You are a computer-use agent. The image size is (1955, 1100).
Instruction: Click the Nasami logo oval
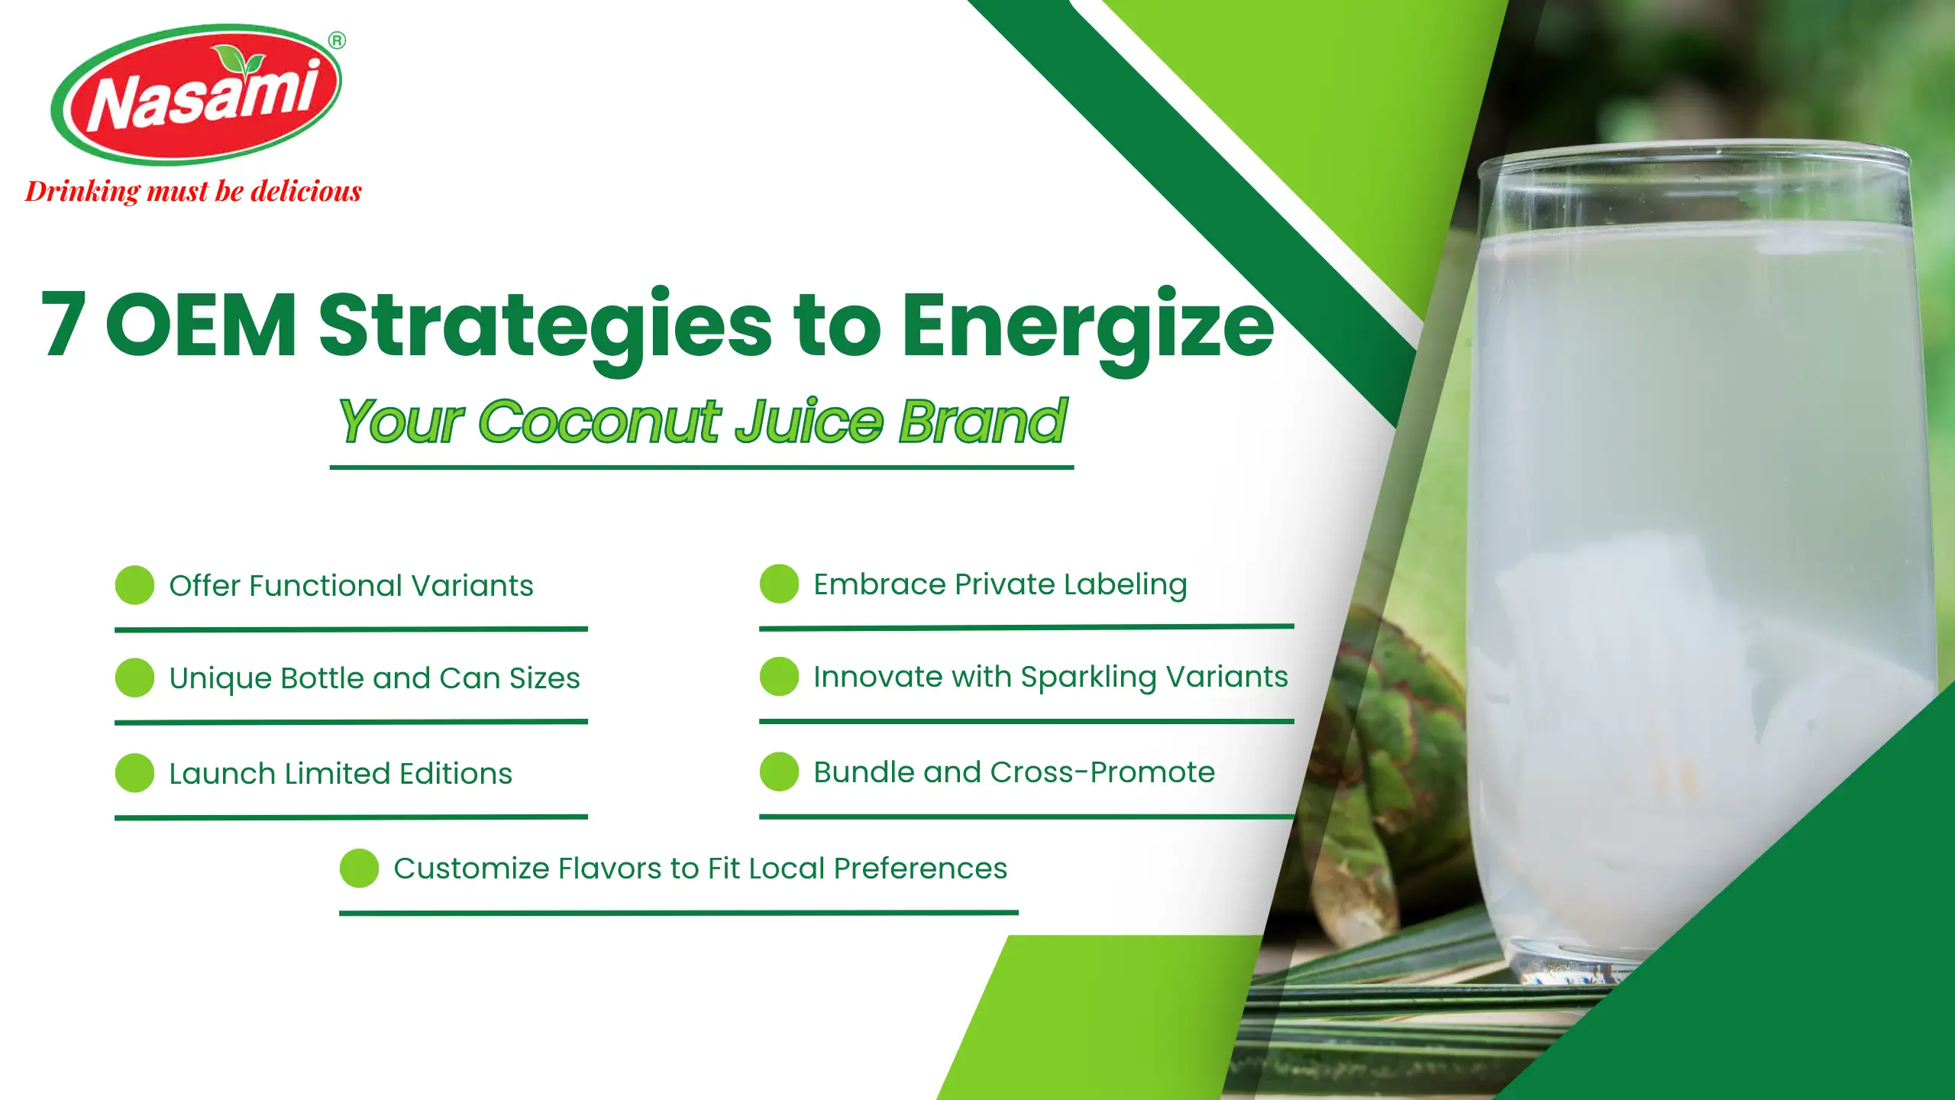click(196, 95)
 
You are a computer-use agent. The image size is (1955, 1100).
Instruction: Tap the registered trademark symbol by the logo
click(337, 40)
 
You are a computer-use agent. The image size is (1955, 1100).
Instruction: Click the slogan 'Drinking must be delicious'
click(193, 191)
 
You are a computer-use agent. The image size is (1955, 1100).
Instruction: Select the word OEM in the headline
click(201, 324)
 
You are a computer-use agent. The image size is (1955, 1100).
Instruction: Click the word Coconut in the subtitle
click(599, 421)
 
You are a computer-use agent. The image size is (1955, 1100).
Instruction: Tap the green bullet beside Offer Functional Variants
click(135, 585)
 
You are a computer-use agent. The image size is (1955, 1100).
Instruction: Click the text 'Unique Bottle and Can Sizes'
click(374, 678)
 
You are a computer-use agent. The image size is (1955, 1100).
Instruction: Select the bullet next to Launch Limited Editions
click(135, 773)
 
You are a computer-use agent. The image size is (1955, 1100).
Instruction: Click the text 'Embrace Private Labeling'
click(1000, 585)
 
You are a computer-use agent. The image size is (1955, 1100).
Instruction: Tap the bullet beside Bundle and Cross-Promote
click(780, 772)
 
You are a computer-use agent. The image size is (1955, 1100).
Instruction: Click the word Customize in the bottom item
click(471, 869)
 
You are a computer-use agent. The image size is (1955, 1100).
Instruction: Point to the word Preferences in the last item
click(920, 869)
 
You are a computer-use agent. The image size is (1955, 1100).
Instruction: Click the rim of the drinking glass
click(1692, 150)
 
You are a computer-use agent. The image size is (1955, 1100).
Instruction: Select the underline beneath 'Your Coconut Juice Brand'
click(702, 467)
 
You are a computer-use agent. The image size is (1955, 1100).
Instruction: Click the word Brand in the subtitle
click(982, 421)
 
